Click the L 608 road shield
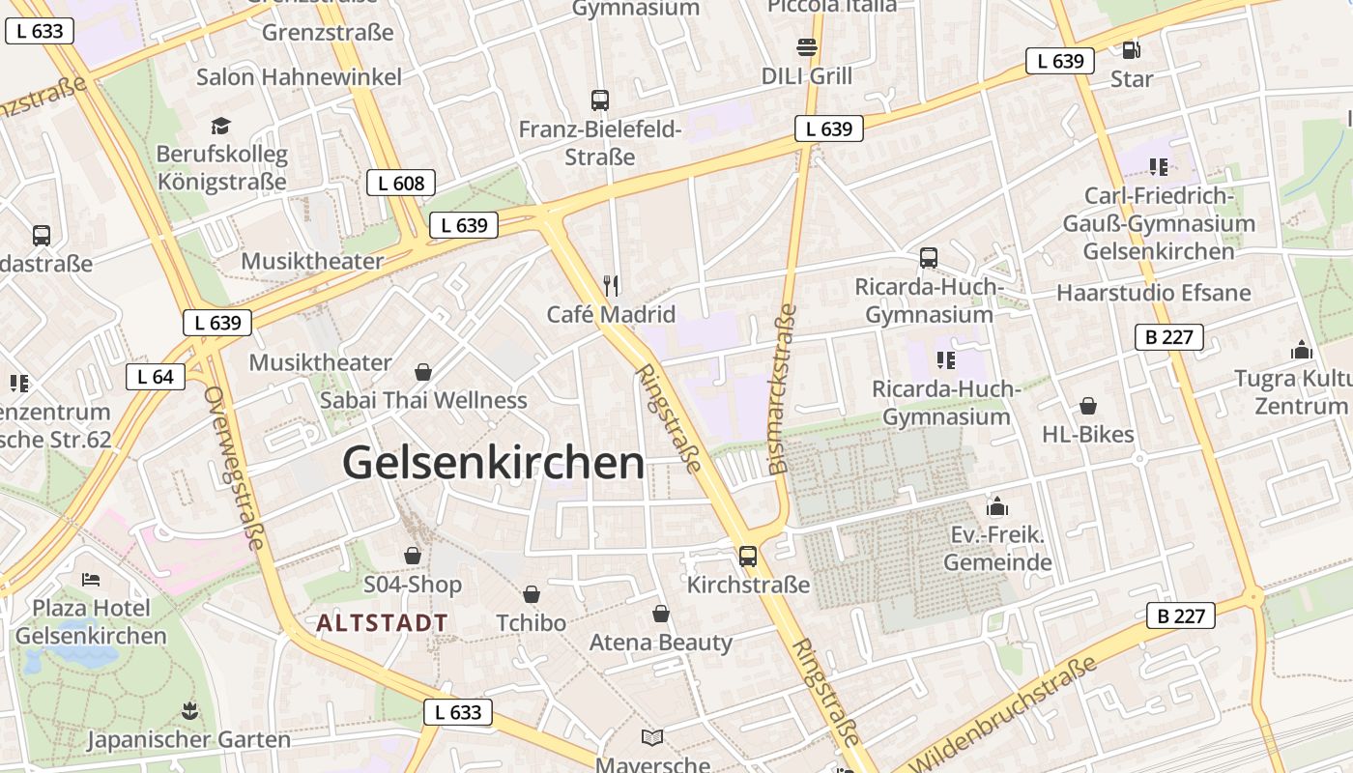401,183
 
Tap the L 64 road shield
156,377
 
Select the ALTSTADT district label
382,623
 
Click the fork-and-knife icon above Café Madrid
610,285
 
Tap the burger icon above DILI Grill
807,46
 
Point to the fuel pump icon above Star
1132,49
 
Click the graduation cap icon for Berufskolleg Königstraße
221,126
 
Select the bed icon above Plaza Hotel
91,580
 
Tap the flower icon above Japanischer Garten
188,712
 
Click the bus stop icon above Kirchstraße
748,556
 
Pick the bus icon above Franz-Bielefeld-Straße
600,100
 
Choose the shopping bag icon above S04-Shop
413,556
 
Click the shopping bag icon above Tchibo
532,594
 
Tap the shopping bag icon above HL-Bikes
1088,406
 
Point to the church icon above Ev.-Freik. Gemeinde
997,506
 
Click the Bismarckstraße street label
783,388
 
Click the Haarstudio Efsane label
1153,293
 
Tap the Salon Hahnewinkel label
299,77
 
